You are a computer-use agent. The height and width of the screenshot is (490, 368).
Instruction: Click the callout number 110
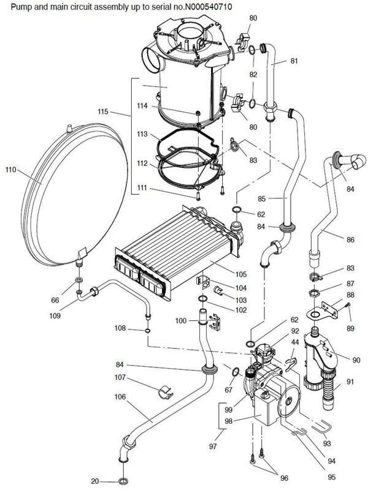click(x=10, y=170)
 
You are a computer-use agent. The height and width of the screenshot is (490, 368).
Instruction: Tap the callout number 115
click(x=104, y=112)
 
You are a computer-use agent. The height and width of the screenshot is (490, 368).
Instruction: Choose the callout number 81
click(x=294, y=61)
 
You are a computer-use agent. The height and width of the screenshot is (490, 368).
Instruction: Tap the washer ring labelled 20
click(x=121, y=481)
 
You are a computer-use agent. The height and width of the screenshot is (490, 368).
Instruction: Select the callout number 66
click(x=55, y=300)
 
